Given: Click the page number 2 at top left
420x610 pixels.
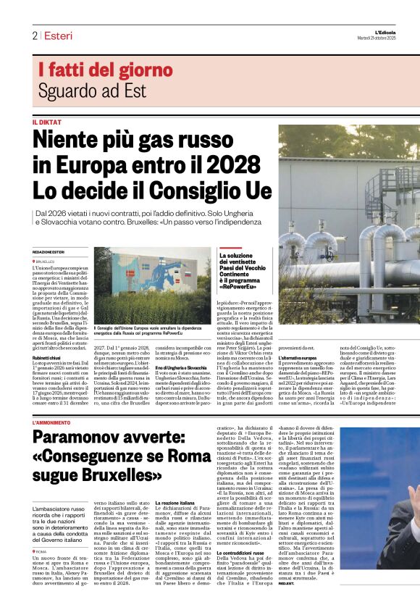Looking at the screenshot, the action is point(34,35).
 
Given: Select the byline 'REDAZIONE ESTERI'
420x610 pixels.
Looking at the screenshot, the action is point(49,251).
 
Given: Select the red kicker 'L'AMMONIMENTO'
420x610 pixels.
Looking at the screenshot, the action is point(52,422).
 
